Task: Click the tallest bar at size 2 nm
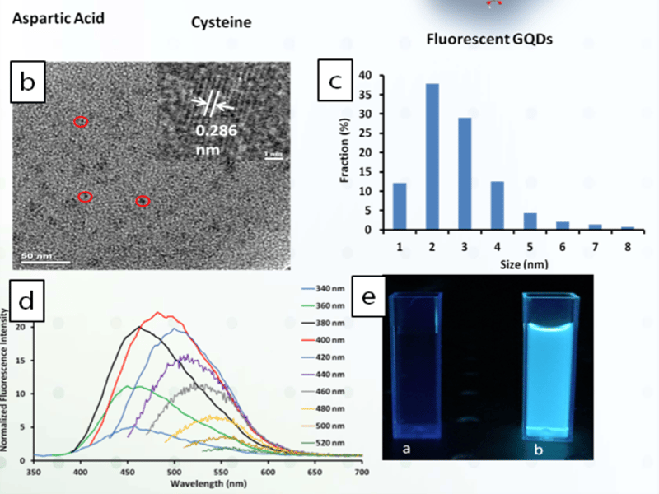point(432,156)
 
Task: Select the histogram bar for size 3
point(464,174)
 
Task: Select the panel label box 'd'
point(28,301)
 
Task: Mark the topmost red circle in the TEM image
point(81,122)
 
